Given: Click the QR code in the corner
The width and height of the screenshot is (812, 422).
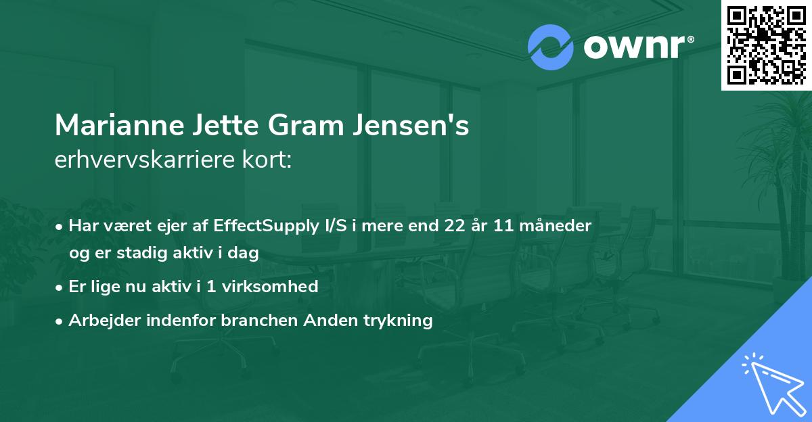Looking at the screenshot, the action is pos(766,45).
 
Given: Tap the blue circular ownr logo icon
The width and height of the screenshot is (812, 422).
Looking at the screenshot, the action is pos(550,47).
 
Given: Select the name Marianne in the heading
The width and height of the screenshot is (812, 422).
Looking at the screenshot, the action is pos(120,125).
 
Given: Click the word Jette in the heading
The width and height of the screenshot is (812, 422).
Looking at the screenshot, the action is pos(225,125).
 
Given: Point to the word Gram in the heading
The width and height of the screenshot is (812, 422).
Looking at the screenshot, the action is pos(307,125).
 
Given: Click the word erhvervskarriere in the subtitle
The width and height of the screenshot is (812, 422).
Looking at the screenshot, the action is pos(145,160).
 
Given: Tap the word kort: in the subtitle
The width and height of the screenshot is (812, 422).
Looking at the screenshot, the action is pos(267,160).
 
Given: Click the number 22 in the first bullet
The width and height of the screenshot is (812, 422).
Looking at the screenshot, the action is pos(455,226).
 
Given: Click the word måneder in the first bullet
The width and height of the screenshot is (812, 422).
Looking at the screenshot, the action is pos(556,225).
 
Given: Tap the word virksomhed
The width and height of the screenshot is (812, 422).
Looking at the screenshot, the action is pos(270,287).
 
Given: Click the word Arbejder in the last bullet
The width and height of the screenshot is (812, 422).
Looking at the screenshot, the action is pos(104,321).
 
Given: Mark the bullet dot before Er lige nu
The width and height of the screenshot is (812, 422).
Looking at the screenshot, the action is pos(59,288).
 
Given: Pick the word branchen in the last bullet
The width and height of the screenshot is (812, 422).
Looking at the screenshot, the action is pos(259,320).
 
